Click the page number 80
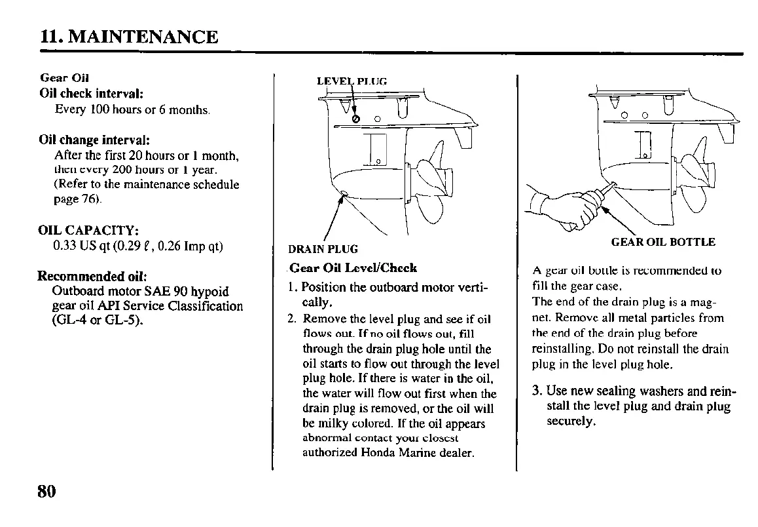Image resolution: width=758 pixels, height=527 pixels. coord(47,491)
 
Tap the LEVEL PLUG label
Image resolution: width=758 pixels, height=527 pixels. coord(352,82)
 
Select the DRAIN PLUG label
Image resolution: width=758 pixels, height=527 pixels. coord(323,249)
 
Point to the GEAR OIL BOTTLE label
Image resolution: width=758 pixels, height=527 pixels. coord(662,242)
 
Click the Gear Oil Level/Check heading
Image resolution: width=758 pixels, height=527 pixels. coord(353,267)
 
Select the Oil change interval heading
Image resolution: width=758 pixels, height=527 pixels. coord(95,140)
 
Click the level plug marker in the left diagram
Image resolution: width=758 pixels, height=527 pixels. coord(356,119)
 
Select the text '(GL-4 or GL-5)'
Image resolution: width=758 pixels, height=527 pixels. coord(98,321)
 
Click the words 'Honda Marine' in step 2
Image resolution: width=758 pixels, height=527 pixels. coord(392,452)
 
